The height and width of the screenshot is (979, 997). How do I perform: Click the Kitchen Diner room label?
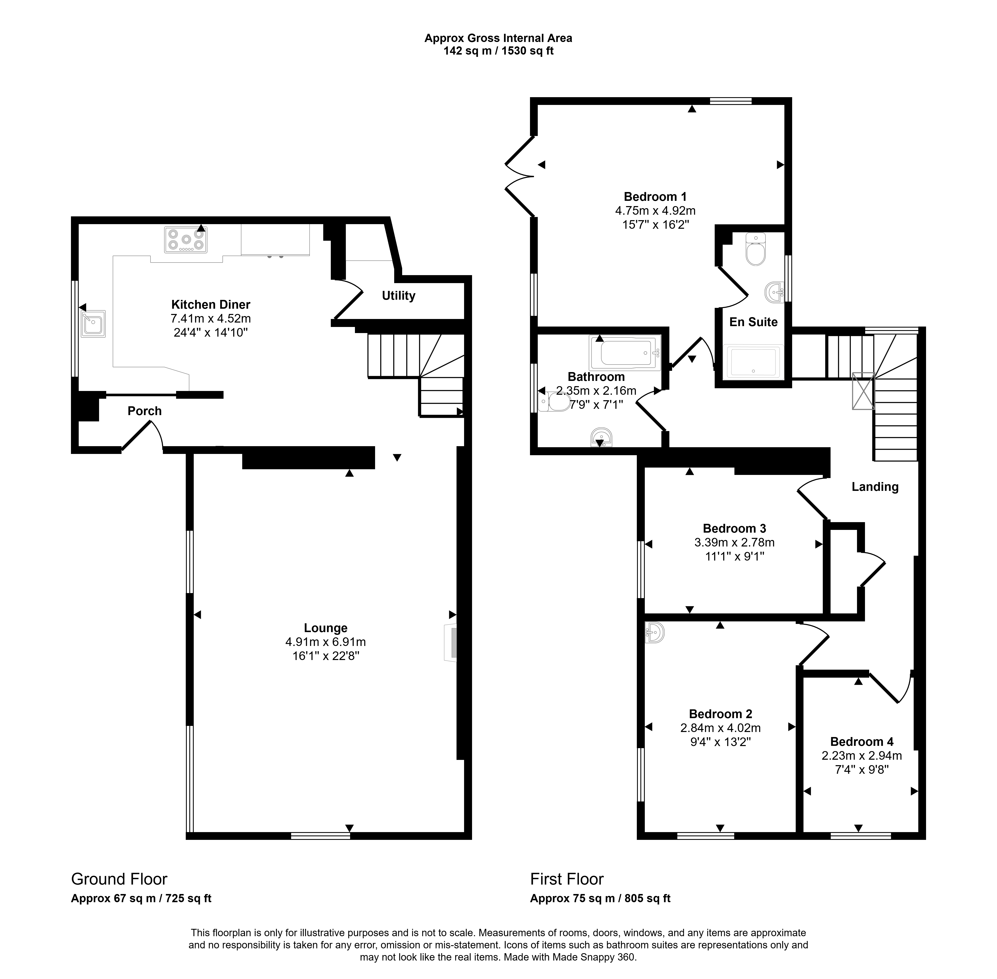coord(211,304)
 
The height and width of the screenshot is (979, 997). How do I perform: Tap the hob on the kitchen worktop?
coord(186,240)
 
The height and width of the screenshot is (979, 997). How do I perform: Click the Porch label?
coord(144,411)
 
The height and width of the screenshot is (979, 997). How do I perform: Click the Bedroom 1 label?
coord(655,196)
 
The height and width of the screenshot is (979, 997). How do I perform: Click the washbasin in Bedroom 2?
coord(654,632)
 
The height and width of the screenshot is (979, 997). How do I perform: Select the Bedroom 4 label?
coord(862,741)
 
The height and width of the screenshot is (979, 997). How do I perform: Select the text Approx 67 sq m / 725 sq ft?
coord(141,898)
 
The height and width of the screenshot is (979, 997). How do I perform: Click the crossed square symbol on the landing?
coord(863,391)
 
